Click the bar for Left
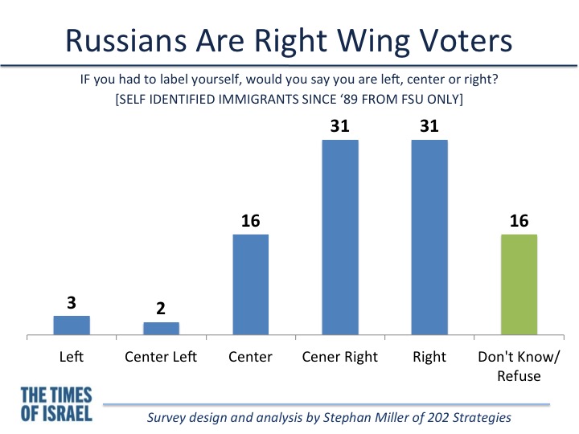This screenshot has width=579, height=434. [72, 325]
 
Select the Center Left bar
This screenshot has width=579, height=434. [162, 329]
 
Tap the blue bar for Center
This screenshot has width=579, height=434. [251, 285]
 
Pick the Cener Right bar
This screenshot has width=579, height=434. [340, 237]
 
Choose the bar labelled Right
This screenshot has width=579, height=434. [429, 237]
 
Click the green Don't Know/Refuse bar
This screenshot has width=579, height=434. [519, 285]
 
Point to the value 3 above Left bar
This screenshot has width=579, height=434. [72, 303]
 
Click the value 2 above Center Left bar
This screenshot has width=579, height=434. [161, 308]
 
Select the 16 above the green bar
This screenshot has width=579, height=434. [519, 221]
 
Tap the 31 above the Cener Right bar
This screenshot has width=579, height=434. [340, 126]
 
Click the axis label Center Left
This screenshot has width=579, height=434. [161, 357]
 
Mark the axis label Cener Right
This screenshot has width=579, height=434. [339, 357]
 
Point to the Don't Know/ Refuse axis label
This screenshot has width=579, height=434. [519, 366]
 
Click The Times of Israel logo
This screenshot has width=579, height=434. [56, 404]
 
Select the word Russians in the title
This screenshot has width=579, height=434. [126, 40]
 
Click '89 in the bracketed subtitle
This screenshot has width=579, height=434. [349, 100]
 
